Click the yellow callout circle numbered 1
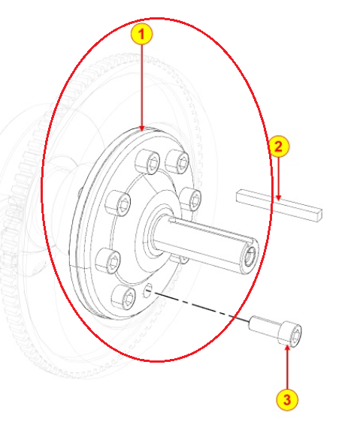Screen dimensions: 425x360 [143, 35]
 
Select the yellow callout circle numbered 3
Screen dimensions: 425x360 [289, 398]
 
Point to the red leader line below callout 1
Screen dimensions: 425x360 [143, 83]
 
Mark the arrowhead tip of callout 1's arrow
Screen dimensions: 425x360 [143, 128]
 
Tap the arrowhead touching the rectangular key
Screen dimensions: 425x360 [278, 198]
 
